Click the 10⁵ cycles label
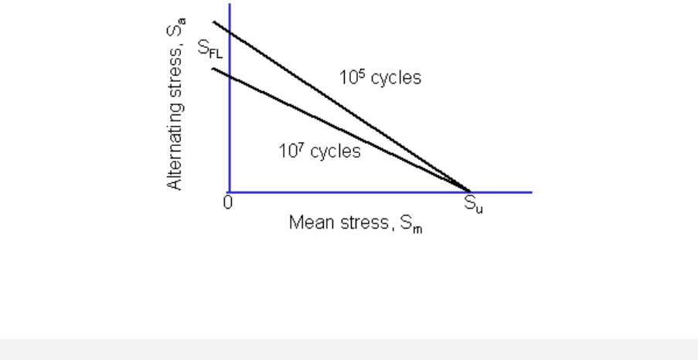380,78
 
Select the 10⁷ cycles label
319,151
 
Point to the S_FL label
209,50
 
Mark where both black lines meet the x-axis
469,191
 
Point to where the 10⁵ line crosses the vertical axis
230,32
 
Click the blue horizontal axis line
502,192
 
